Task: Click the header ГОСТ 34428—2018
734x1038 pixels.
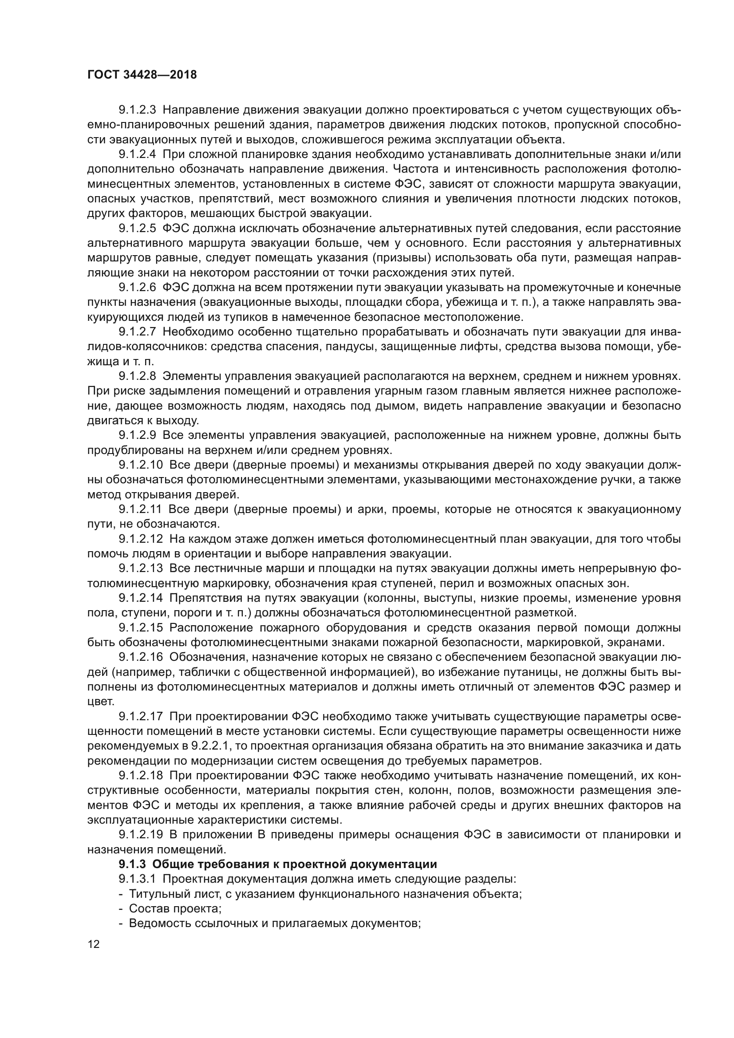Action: tap(142, 75)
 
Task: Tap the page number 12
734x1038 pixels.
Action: tap(94, 944)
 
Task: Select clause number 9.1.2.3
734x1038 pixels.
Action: tap(137, 110)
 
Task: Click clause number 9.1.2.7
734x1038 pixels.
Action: tap(137, 332)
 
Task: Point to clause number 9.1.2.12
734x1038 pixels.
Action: tap(141, 539)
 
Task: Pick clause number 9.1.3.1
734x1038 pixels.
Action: tap(137, 879)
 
